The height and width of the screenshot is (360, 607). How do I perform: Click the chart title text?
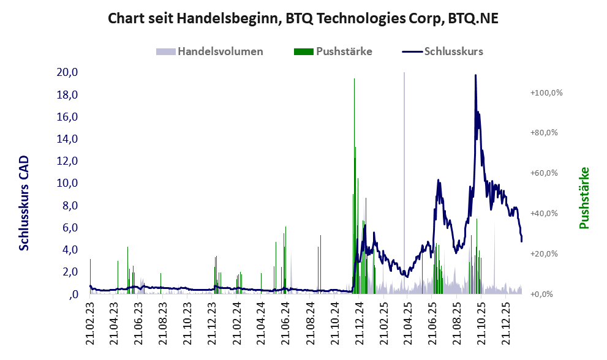pos(303,18)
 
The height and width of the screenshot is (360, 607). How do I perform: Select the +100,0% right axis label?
pos(546,92)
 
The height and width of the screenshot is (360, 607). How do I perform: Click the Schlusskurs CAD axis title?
pos(25,203)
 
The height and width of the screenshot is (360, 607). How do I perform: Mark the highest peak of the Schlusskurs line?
pos(475,75)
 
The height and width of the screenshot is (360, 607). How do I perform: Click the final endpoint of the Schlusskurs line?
pos(522,241)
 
